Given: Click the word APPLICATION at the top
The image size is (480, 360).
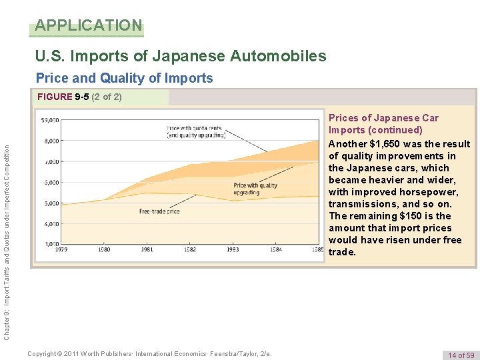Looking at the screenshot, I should pyautogui.click(x=89, y=26).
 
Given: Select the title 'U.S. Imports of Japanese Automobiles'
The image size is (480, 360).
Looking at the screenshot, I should pyautogui.click(x=181, y=56).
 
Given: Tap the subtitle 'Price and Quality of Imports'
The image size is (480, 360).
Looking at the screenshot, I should pyautogui.click(x=124, y=78).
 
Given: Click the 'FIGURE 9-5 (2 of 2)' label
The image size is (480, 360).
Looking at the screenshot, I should pyautogui.click(x=79, y=97).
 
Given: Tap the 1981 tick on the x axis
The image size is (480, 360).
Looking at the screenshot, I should pyautogui.click(x=147, y=249).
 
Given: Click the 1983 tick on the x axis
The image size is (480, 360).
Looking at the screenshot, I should pyautogui.click(x=233, y=249).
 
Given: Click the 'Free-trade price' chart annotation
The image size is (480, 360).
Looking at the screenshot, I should pyautogui.click(x=159, y=211).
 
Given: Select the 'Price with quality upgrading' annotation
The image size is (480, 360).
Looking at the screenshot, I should pyautogui.click(x=255, y=189).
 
